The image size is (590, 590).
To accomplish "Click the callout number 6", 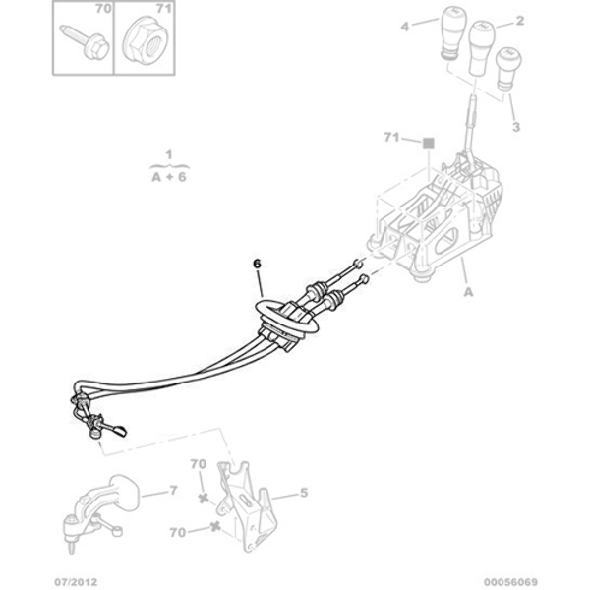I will pyautogui.click(x=258, y=264).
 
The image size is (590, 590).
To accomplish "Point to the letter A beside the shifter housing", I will pyautogui.click(x=467, y=292).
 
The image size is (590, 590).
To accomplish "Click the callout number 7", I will pyautogui.click(x=173, y=489).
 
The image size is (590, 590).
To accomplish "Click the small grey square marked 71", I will pyautogui.click(x=429, y=143).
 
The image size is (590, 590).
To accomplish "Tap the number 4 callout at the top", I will pyautogui.click(x=404, y=26).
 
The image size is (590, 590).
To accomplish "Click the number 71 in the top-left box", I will pyautogui.click(x=164, y=9).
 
